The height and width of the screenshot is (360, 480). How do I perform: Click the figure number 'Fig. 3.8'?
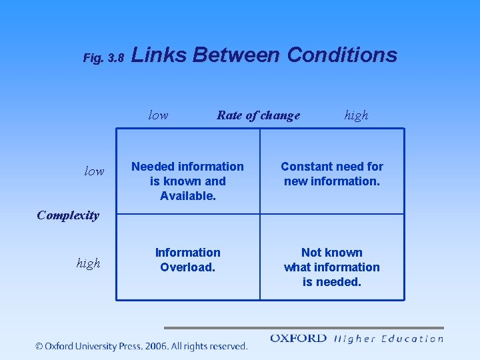[x=103, y=58]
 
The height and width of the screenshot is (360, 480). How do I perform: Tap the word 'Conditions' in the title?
[x=342, y=55]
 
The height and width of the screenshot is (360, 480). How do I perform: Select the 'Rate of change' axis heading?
[x=258, y=115]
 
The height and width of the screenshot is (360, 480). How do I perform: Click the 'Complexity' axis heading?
[x=68, y=215]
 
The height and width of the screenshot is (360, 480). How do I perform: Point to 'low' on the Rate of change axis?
[x=158, y=115]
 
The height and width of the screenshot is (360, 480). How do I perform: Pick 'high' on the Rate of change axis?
[x=356, y=115]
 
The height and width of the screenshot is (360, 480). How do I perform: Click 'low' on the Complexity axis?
[x=94, y=171]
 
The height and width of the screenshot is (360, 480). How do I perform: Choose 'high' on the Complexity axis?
[x=88, y=263]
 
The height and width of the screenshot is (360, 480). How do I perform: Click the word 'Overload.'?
[x=187, y=267]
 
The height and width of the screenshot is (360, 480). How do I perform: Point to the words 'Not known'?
[x=332, y=253]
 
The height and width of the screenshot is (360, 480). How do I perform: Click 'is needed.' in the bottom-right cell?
[x=332, y=282]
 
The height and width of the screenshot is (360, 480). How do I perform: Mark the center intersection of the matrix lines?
[x=260, y=214]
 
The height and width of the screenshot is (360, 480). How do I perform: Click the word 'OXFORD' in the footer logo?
[x=298, y=339]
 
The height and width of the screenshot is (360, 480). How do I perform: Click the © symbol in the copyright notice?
[x=39, y=346]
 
